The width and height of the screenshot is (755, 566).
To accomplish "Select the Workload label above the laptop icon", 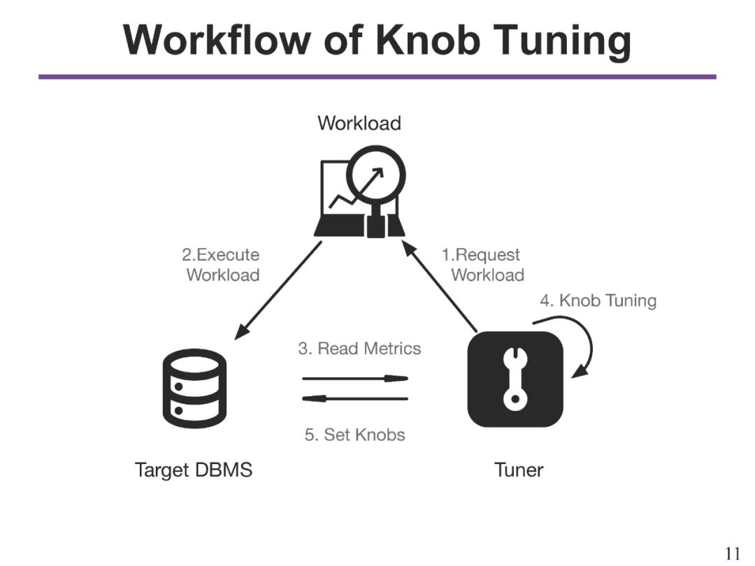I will pyautogui.click(x=359, y=123).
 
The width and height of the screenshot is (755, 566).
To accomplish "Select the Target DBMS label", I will pyautogui.click(x=194, y=470).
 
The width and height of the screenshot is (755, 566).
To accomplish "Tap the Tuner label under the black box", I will pyautogui.click(x=518, y=470).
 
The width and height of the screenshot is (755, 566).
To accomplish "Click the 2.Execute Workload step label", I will pyautogui.click(x=222, y=265).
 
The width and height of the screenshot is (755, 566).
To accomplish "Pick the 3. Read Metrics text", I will pyautogui.click(x=359, y=348).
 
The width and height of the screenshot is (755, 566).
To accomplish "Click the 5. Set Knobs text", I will pyautogui.click(x=354, y=435).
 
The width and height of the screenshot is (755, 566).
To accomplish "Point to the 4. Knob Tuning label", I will pyautogui.click(x=598, y=301).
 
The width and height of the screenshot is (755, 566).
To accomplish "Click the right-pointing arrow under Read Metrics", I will pyautogui.click(x=355, y=378).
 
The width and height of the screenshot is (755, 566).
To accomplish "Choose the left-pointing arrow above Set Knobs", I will pyautogui.click(x=355, y=398).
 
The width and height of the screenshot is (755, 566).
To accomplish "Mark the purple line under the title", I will pyautogui.click(x=377, y=76).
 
